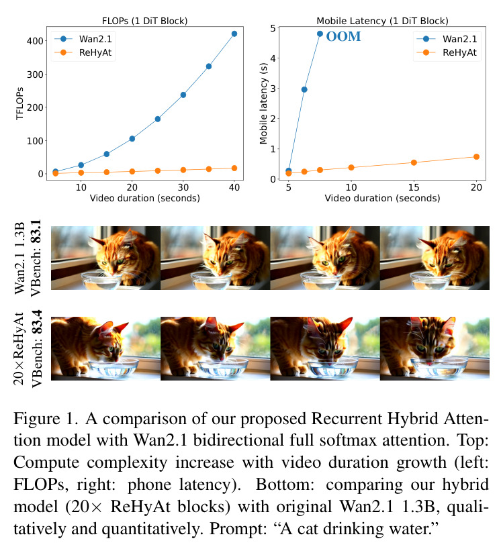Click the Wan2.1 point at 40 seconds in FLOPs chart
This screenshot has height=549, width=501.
(234, 34)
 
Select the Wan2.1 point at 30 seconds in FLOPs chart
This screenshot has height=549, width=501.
(183, 95)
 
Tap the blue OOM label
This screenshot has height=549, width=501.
(343, 36)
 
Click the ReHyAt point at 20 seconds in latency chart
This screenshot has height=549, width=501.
(476, 157)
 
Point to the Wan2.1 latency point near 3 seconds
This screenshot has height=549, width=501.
(304, 90)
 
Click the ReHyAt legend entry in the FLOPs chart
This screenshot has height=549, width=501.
(83, 52)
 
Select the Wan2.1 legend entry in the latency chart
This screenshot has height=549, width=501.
(447, 39)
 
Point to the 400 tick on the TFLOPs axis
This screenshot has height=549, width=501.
(35, 41)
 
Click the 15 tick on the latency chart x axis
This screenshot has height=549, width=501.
(414, 188)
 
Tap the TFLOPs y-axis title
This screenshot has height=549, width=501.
(19, 103)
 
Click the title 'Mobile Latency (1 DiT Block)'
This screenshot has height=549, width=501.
(382, 21)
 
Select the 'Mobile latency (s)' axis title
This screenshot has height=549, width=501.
(263, 103)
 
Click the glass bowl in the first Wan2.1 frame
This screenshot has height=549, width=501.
(101, 281)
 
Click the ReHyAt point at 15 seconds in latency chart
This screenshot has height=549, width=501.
(414, 162)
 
